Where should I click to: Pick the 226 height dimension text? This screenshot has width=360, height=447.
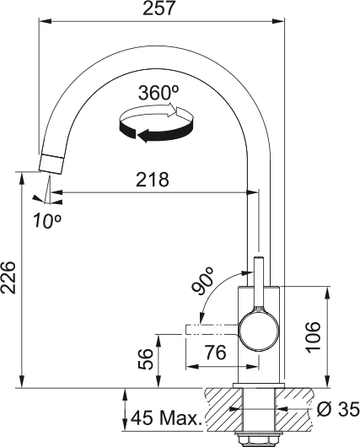10,277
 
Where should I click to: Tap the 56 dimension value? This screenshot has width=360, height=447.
145,358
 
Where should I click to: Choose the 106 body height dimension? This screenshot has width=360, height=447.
337,337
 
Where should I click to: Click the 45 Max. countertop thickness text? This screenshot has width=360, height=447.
164,417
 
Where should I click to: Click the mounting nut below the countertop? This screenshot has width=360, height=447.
256,438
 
